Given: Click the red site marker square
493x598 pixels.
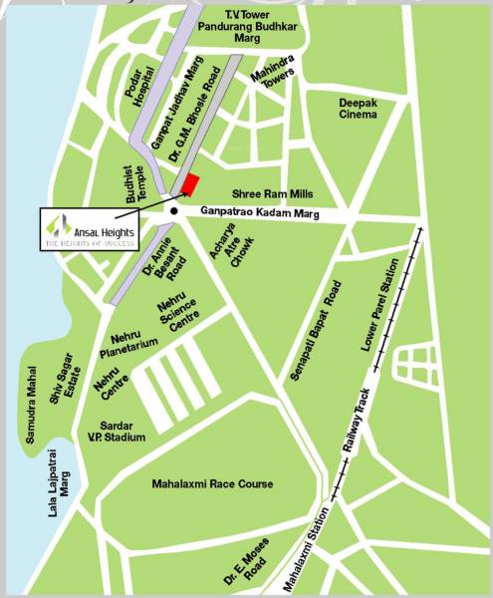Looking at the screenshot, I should pyautogui.click(x=191, y=185).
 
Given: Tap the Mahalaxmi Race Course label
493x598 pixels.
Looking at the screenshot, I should pyautogui.click(x=212, y=484).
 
